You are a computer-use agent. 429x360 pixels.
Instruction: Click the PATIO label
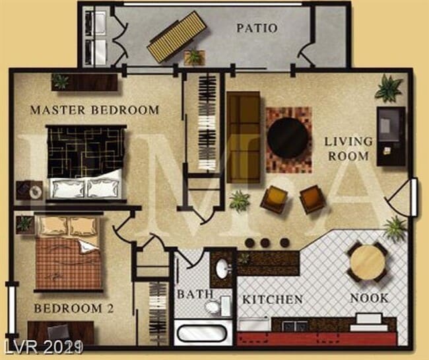257,28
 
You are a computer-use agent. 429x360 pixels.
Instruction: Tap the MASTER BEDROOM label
94,110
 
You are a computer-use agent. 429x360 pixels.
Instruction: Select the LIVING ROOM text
348,149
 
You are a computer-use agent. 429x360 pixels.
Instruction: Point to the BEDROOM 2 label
69,308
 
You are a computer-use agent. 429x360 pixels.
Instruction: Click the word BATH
195,294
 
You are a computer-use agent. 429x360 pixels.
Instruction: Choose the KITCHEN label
273,299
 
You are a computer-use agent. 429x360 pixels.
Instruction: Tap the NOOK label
369,299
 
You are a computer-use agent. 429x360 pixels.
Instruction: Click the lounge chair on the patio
174,36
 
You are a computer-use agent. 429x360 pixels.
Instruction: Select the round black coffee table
288,139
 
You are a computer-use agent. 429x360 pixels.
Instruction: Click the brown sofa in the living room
243,137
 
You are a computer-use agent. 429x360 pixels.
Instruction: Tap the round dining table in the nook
367,262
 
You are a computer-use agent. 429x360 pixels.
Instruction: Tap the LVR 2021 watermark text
42,346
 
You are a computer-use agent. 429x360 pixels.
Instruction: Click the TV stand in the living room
391,136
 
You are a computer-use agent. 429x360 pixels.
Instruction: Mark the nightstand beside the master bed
30,190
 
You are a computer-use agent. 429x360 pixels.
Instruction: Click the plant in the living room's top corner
388,88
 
